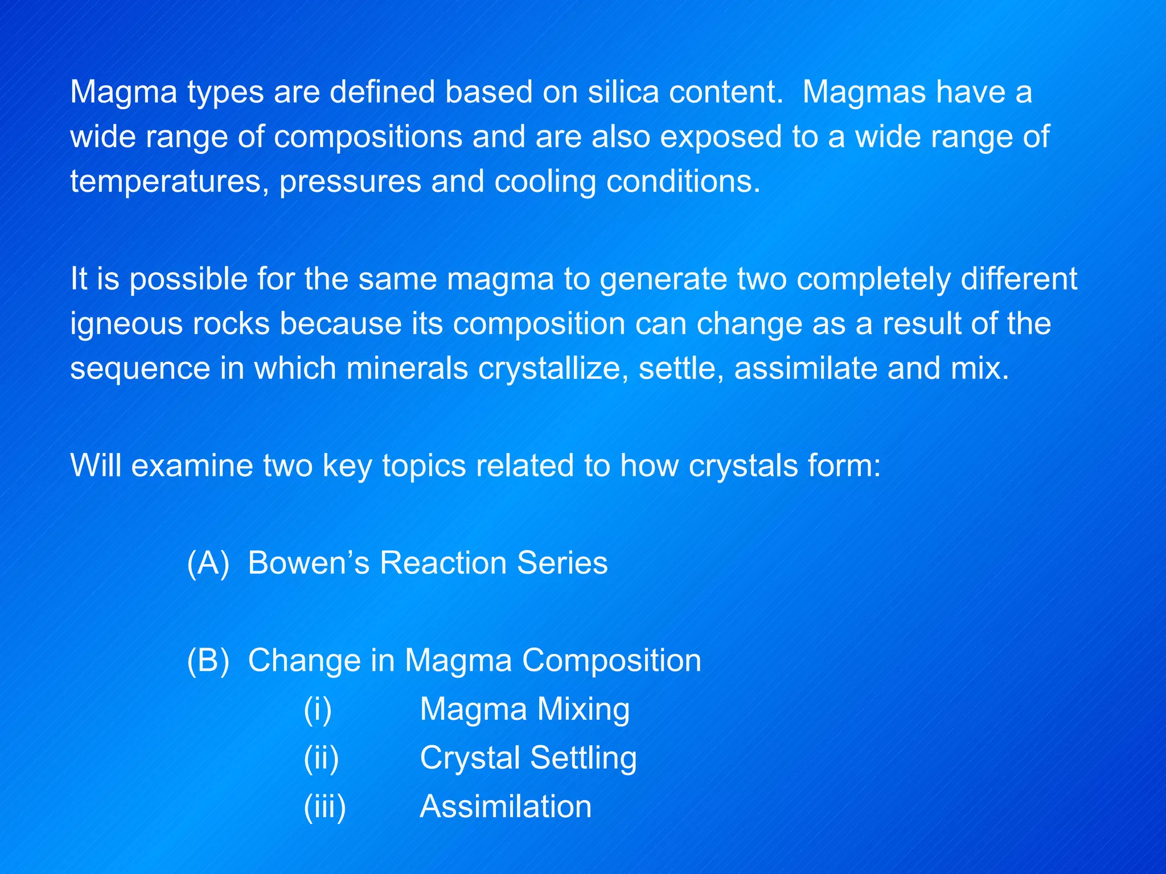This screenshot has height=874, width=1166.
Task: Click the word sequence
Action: click(140, 369)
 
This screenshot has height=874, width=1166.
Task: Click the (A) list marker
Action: click(208, 563)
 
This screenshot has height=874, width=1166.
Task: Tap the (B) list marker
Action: click(208, 661)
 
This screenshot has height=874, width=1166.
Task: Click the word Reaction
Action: click(443, 563)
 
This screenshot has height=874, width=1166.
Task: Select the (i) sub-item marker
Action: click(317, 710)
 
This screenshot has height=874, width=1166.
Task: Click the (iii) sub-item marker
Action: click(325, 807)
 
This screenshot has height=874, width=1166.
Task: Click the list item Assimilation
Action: click(506, 807)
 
